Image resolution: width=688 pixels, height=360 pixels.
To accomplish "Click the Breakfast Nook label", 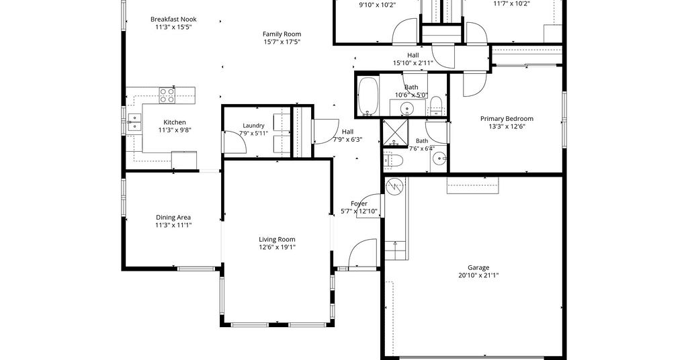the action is [x=173, y=19].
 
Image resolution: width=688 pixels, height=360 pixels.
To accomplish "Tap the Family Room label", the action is [x=282, y=34].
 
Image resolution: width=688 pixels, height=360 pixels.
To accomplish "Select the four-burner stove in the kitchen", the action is [x=167, y=95].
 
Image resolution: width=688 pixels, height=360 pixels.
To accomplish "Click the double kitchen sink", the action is [x=134, y=122].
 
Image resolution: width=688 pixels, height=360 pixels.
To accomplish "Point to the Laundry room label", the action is [x=253, y=126].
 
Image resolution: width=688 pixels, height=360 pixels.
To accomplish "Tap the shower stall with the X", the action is [x=395, y=132].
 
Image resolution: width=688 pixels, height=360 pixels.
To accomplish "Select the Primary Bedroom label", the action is [x=507, y=119].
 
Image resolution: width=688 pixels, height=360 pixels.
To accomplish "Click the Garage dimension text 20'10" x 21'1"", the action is [x=478, y=276].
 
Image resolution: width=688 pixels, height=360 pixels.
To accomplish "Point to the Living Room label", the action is [x=277, y=239].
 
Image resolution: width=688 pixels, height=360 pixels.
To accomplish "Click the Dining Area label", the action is [x=173, y=218].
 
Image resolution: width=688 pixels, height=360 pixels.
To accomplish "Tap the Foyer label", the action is [x=359, y=204].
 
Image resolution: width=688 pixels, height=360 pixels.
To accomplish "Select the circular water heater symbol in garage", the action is [x=394, y=187].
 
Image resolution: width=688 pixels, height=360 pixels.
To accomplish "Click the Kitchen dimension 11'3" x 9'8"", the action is [x=175, y=130].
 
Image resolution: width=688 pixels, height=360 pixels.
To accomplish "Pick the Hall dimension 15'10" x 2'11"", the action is [x=413, y=63].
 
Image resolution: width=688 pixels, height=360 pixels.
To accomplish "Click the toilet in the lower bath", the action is [x=393, y=161].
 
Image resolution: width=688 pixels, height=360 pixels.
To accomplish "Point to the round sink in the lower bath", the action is [x=439, y=157].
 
